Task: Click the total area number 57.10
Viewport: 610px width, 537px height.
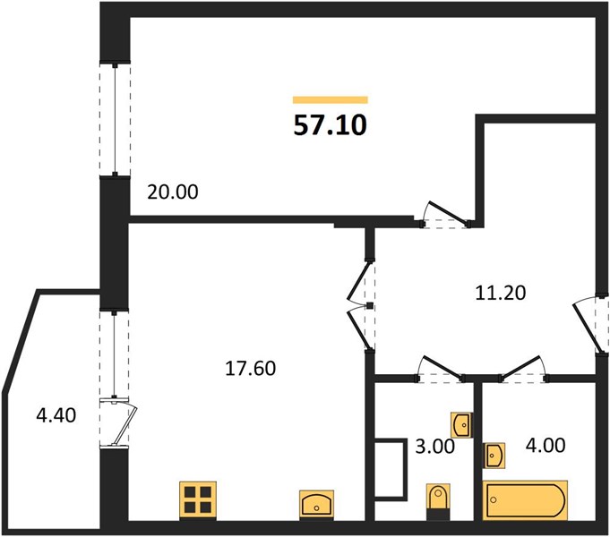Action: [x=330, y=125]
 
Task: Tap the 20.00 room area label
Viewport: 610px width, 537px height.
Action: [x=172, y=192]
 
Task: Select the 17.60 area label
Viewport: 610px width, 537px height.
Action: [x=251, y=368]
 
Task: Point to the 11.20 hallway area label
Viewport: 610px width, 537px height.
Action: [x=501, y=293]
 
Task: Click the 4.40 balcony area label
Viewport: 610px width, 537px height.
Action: [x=56, y=415]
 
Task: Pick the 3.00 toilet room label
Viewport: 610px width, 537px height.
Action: [x=435, y=446]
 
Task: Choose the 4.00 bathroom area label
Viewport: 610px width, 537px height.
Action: [x=546, y=445]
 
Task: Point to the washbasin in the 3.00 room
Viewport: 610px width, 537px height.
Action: [x=462, y=425]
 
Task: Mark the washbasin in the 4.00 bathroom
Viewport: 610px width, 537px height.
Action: [x=494, y=456]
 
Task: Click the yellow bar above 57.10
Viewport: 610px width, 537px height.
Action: [x=331, y=100]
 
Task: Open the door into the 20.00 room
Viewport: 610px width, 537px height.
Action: [x=446, y=215]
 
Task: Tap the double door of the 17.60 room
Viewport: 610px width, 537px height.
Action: [x=362, y=306]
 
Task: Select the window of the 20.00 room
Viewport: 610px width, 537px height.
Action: [x=116, y=119]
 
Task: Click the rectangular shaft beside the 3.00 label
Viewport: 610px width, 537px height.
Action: [x=391, y=469]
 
